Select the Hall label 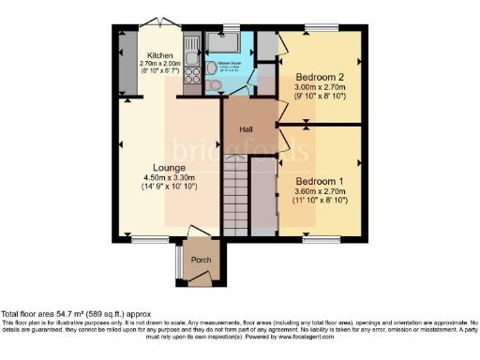(246, 130)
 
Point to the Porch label (199, 260)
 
